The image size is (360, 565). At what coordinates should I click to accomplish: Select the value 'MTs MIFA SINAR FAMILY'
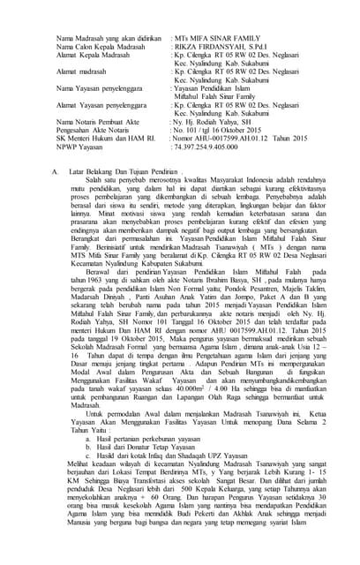(217, 38)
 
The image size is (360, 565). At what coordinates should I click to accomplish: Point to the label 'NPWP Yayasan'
(79, 147)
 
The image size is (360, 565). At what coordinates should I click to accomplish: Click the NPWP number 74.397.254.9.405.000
(213, 147)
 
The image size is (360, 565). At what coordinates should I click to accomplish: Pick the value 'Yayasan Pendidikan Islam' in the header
(212, 88)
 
